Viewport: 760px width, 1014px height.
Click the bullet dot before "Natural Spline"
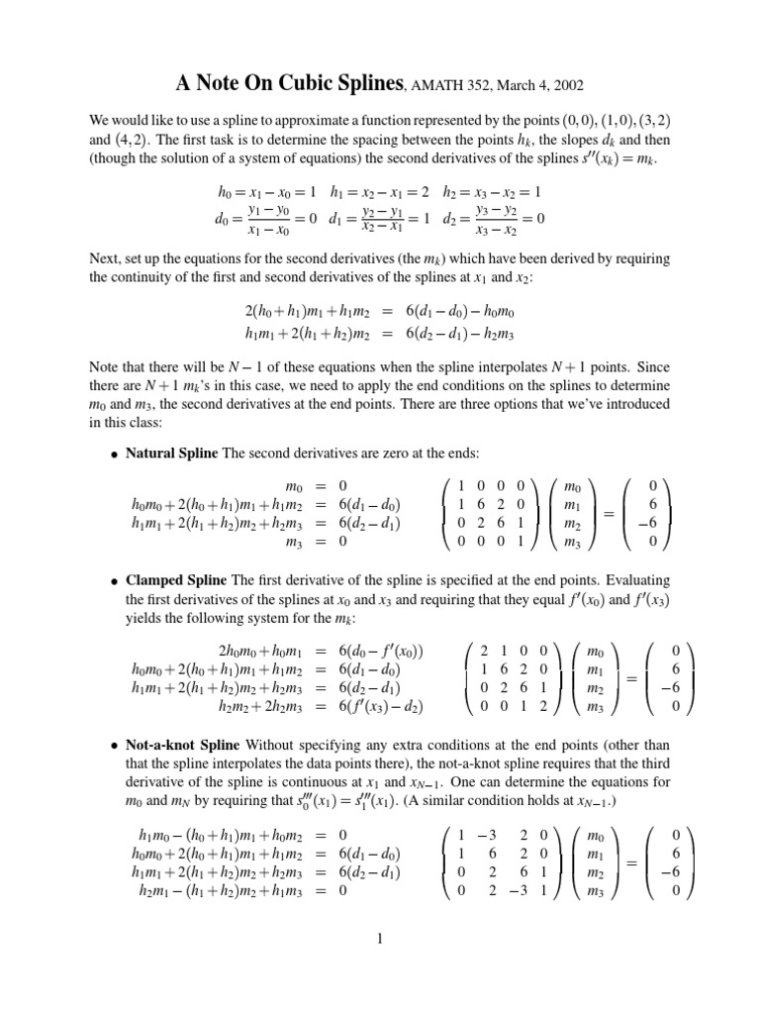[x=115, y=454]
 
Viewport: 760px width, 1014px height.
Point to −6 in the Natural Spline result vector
[x=644, y=523]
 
